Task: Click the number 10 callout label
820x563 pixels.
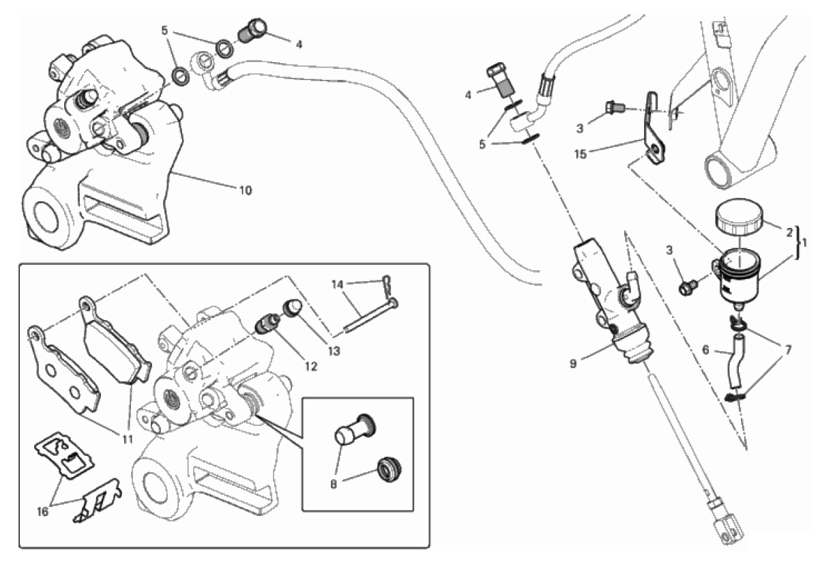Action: click(245, 190)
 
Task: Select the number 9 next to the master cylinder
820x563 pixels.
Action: click(574, 363)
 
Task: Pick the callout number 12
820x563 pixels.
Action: click(312, 366)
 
